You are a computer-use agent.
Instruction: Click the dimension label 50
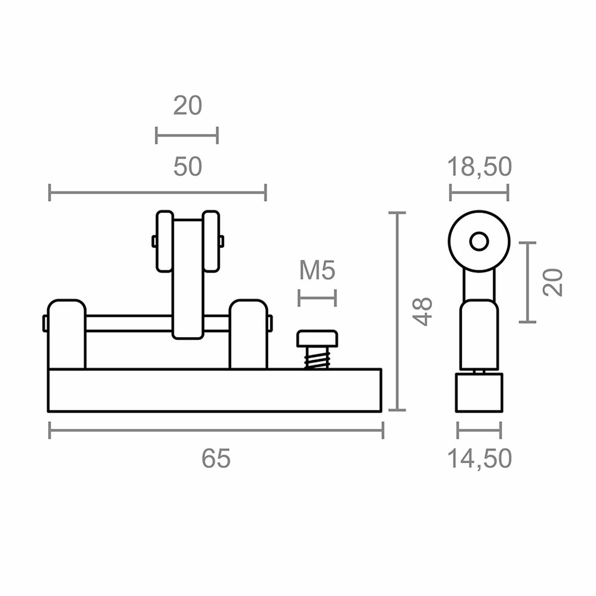(188, 167)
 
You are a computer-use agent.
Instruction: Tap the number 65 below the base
(216, 458)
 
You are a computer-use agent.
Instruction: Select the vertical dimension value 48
(423, 311)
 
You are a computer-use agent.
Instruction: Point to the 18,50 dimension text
(479, 167)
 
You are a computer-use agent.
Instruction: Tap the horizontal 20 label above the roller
(188, 106)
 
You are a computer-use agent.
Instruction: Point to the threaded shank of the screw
(317, 358)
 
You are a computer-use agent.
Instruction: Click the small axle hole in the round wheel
(479, 242)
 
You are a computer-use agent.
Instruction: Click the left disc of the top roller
(164, 242)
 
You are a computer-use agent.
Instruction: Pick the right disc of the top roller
(211, 242)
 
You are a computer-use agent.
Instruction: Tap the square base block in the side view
(479, 392)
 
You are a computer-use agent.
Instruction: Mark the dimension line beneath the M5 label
(317, 298)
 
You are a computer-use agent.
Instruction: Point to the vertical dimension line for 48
(396, 311)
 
